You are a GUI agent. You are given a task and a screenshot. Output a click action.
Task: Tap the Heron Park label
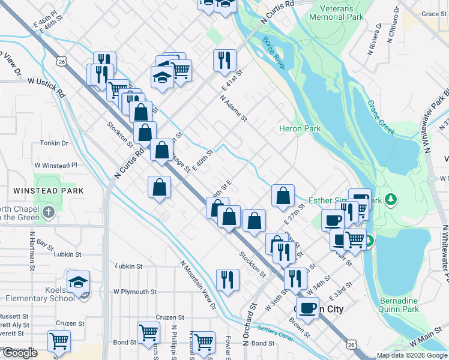click(300, 128)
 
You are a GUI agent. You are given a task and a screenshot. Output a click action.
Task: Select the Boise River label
click(273, 53)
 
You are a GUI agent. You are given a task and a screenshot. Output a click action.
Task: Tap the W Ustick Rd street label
click(46, 88)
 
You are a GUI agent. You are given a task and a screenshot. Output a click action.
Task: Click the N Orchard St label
click(250, 327)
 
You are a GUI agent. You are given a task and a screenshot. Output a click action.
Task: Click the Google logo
click(20, 353)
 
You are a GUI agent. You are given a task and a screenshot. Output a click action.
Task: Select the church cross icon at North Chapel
click(49, 212)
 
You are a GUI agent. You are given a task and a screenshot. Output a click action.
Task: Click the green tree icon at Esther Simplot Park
click(391, 199)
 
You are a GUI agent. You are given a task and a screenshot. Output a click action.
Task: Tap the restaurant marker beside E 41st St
click(224, 59)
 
